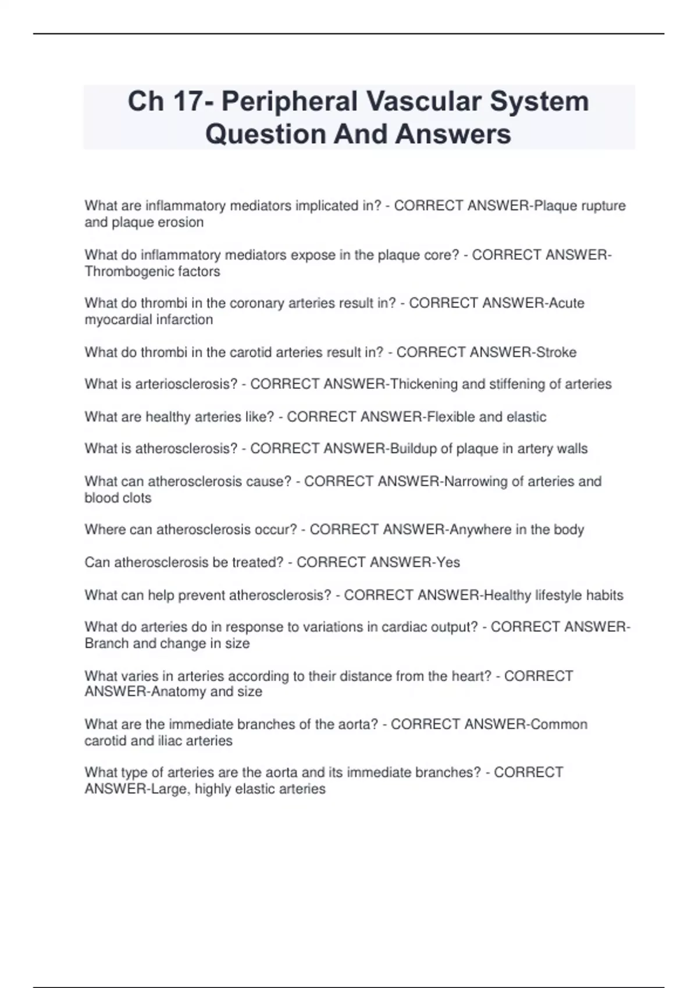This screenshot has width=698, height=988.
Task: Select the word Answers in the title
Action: [453, 134]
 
